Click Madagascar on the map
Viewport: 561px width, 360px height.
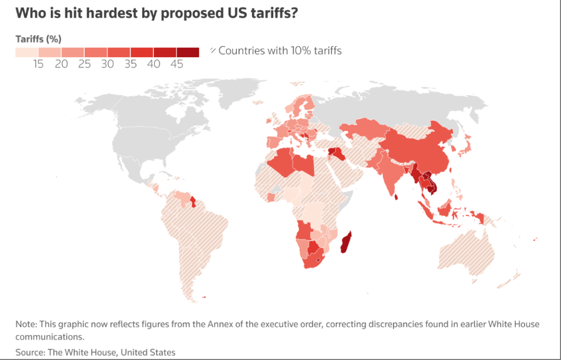click(x=345, y=243)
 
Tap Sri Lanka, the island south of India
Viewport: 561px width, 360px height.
click(x=396, y=197)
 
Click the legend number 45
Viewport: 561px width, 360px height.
click(x=177, y=64)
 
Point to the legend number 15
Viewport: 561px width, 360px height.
click(x=38, y=64)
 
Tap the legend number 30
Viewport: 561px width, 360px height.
click(x=108, y=64)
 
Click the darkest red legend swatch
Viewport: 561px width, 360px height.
click(x=188, y=52)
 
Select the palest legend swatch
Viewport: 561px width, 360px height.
click(x=27, y=52)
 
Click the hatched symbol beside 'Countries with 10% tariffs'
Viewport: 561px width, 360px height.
click(x=213, y=50)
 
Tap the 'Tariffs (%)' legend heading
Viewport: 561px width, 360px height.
click(x=38, y=39)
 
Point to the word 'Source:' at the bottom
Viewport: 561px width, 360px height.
click(x=30, y=352)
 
